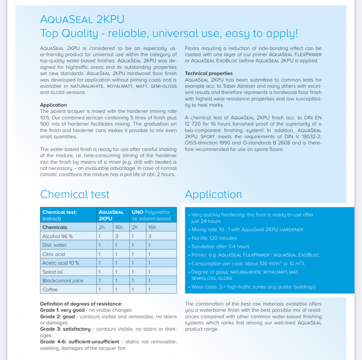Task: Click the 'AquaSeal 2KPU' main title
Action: (x=82, y=20)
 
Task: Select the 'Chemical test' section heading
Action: (x=75, y=194)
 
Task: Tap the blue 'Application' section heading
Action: (x=213, y=194)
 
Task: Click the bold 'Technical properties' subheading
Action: (x=209, y=73)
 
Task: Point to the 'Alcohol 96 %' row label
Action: (x=58, y=236)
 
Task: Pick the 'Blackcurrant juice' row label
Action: (x=63, y=281)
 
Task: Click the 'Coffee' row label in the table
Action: (x=50, y=289)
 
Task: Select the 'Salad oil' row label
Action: (x=53, y=272)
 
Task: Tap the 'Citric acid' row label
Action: (x=54, y=254)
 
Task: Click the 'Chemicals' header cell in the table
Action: (x=55, y=227)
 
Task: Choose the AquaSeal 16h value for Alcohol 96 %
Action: (x=117, y=236)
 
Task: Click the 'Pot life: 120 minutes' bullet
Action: (x=214, y=238)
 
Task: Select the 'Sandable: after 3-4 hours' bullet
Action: (x=220, y=247)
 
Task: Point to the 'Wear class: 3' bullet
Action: (x=253, y=287)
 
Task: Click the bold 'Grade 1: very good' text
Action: (x=62, y=310)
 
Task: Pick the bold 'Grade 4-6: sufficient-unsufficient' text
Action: (x=80, y=341)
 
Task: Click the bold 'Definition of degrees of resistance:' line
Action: (x=81, y=304)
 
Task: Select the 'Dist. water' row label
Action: (x=54, y=245)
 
